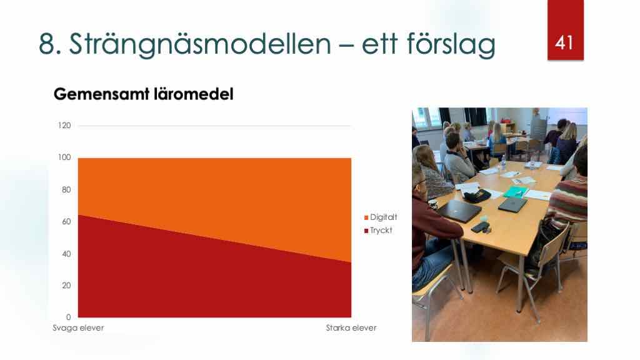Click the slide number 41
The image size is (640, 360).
[x=564, y=43]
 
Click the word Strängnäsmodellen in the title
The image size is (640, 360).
[x=200, y=44]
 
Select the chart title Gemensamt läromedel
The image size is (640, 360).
[x=144, y=94]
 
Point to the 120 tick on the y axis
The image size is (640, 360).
[x=64, y=125]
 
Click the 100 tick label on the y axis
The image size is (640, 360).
[x=64, y=157]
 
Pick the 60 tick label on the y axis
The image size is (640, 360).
[x=66, y=222]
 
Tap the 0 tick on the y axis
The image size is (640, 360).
[x=69, y=317]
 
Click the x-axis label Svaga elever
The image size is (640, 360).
[x=78, y=327]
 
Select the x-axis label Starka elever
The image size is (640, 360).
[x=351, y=327]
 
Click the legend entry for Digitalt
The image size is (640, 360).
[x=381, y=217]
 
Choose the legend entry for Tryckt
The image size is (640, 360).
[x=378, y=231]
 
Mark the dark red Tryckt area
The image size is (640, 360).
[x=184, y=282]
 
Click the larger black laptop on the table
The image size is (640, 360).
[x=459, y=210]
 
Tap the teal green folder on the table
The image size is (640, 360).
[x=516, y=191]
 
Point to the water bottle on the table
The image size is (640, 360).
[x=503, y=163]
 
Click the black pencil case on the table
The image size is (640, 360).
[x=477, y=196]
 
